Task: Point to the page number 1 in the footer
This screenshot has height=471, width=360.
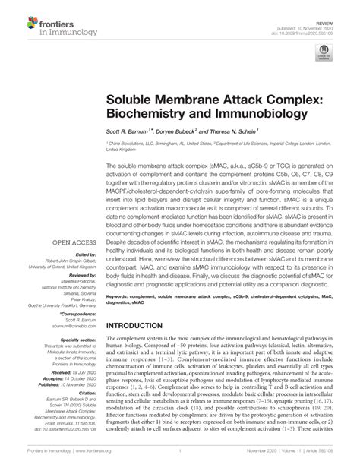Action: point(180,463)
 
